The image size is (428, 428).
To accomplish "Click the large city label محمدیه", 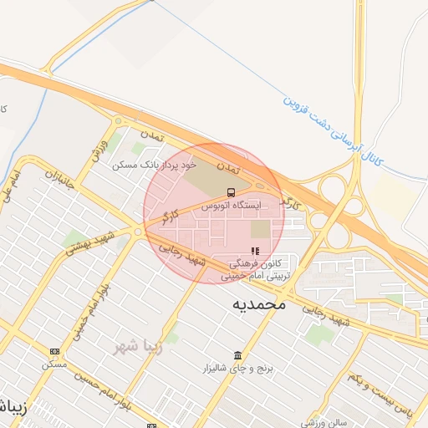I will click(x=259, y=304).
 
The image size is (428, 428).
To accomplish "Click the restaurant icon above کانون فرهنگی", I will click(x=255, y=250).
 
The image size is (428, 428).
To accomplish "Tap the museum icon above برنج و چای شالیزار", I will click(x=238, y=355).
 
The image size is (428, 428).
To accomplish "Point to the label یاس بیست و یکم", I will click(x=380, y=392).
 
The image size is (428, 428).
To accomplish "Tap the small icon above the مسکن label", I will click(x=55, y=351).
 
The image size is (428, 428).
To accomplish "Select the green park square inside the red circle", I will click(x=261, y=229).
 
